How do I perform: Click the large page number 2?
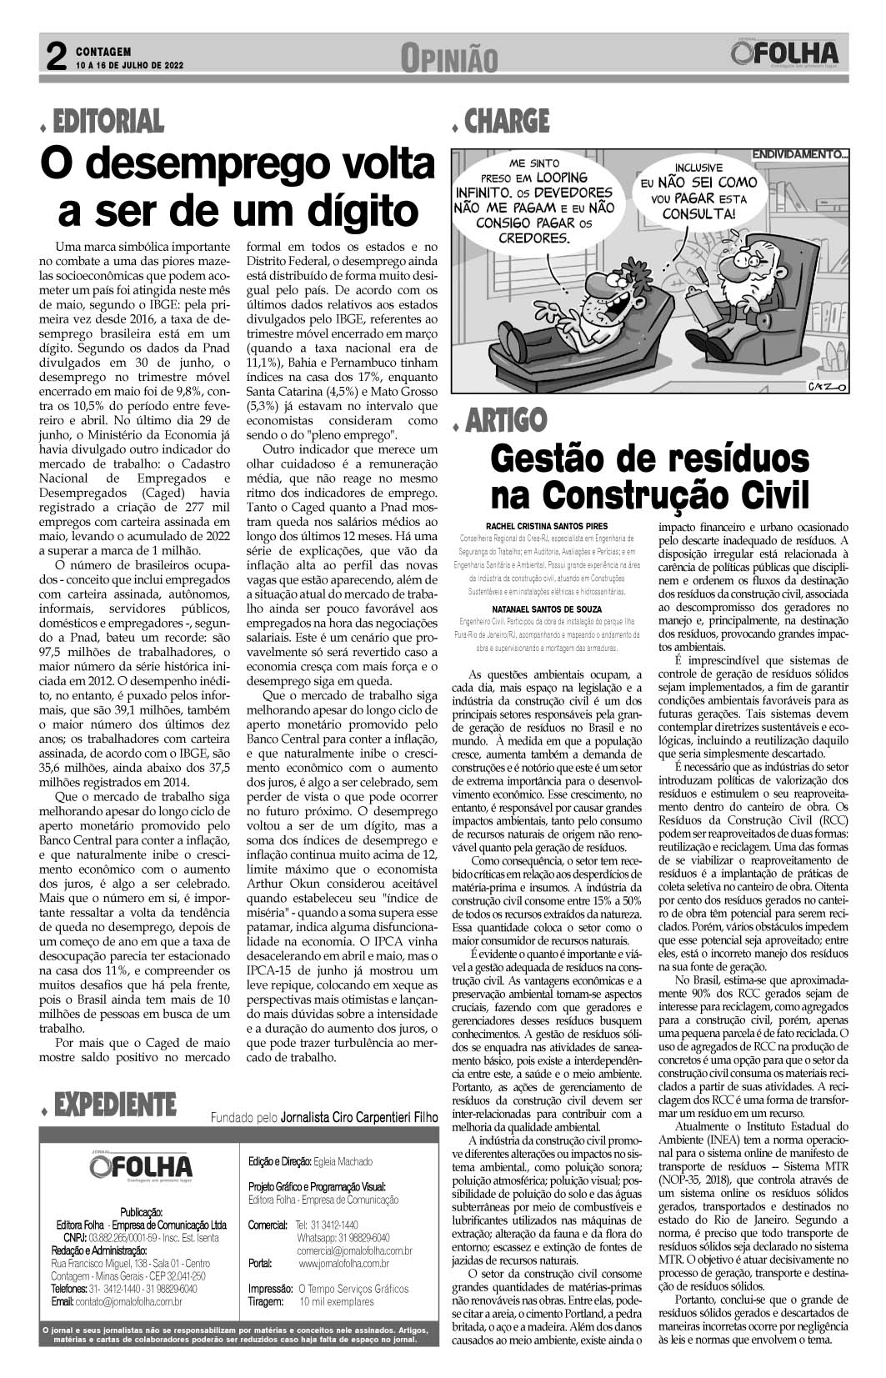(x=56, y=58)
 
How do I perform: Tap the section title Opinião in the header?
(x=448, y=58)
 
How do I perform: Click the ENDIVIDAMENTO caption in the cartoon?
(x=800, y=154)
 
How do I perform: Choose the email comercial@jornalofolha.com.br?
(x=354, y=1250)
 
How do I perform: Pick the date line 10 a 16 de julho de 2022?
(x=128, y=64)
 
